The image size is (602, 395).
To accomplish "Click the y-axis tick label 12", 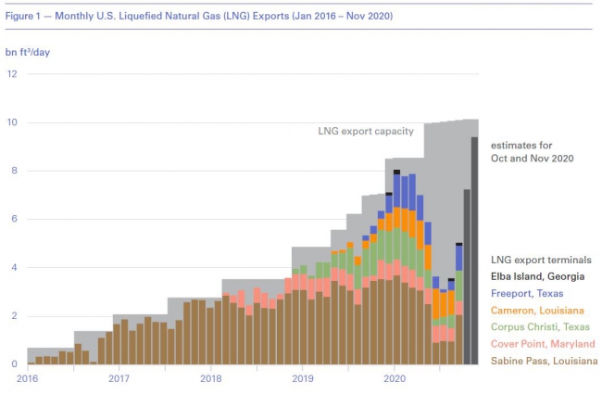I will point(11,74).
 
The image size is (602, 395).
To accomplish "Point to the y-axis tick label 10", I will point(11,122).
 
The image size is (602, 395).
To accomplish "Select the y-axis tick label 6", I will point(13,220).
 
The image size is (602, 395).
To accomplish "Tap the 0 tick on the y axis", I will point(13,364).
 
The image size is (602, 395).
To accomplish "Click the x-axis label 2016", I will point(27,378).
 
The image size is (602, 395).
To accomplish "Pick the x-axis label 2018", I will point(210,378).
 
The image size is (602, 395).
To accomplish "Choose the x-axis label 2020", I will point(395,378).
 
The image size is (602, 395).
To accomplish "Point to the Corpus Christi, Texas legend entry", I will point(540,327).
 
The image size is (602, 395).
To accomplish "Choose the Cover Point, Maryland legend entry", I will point(542,344).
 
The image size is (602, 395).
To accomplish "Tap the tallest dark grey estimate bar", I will point(475,250).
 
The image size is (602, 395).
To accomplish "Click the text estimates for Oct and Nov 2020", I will point(533,152).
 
